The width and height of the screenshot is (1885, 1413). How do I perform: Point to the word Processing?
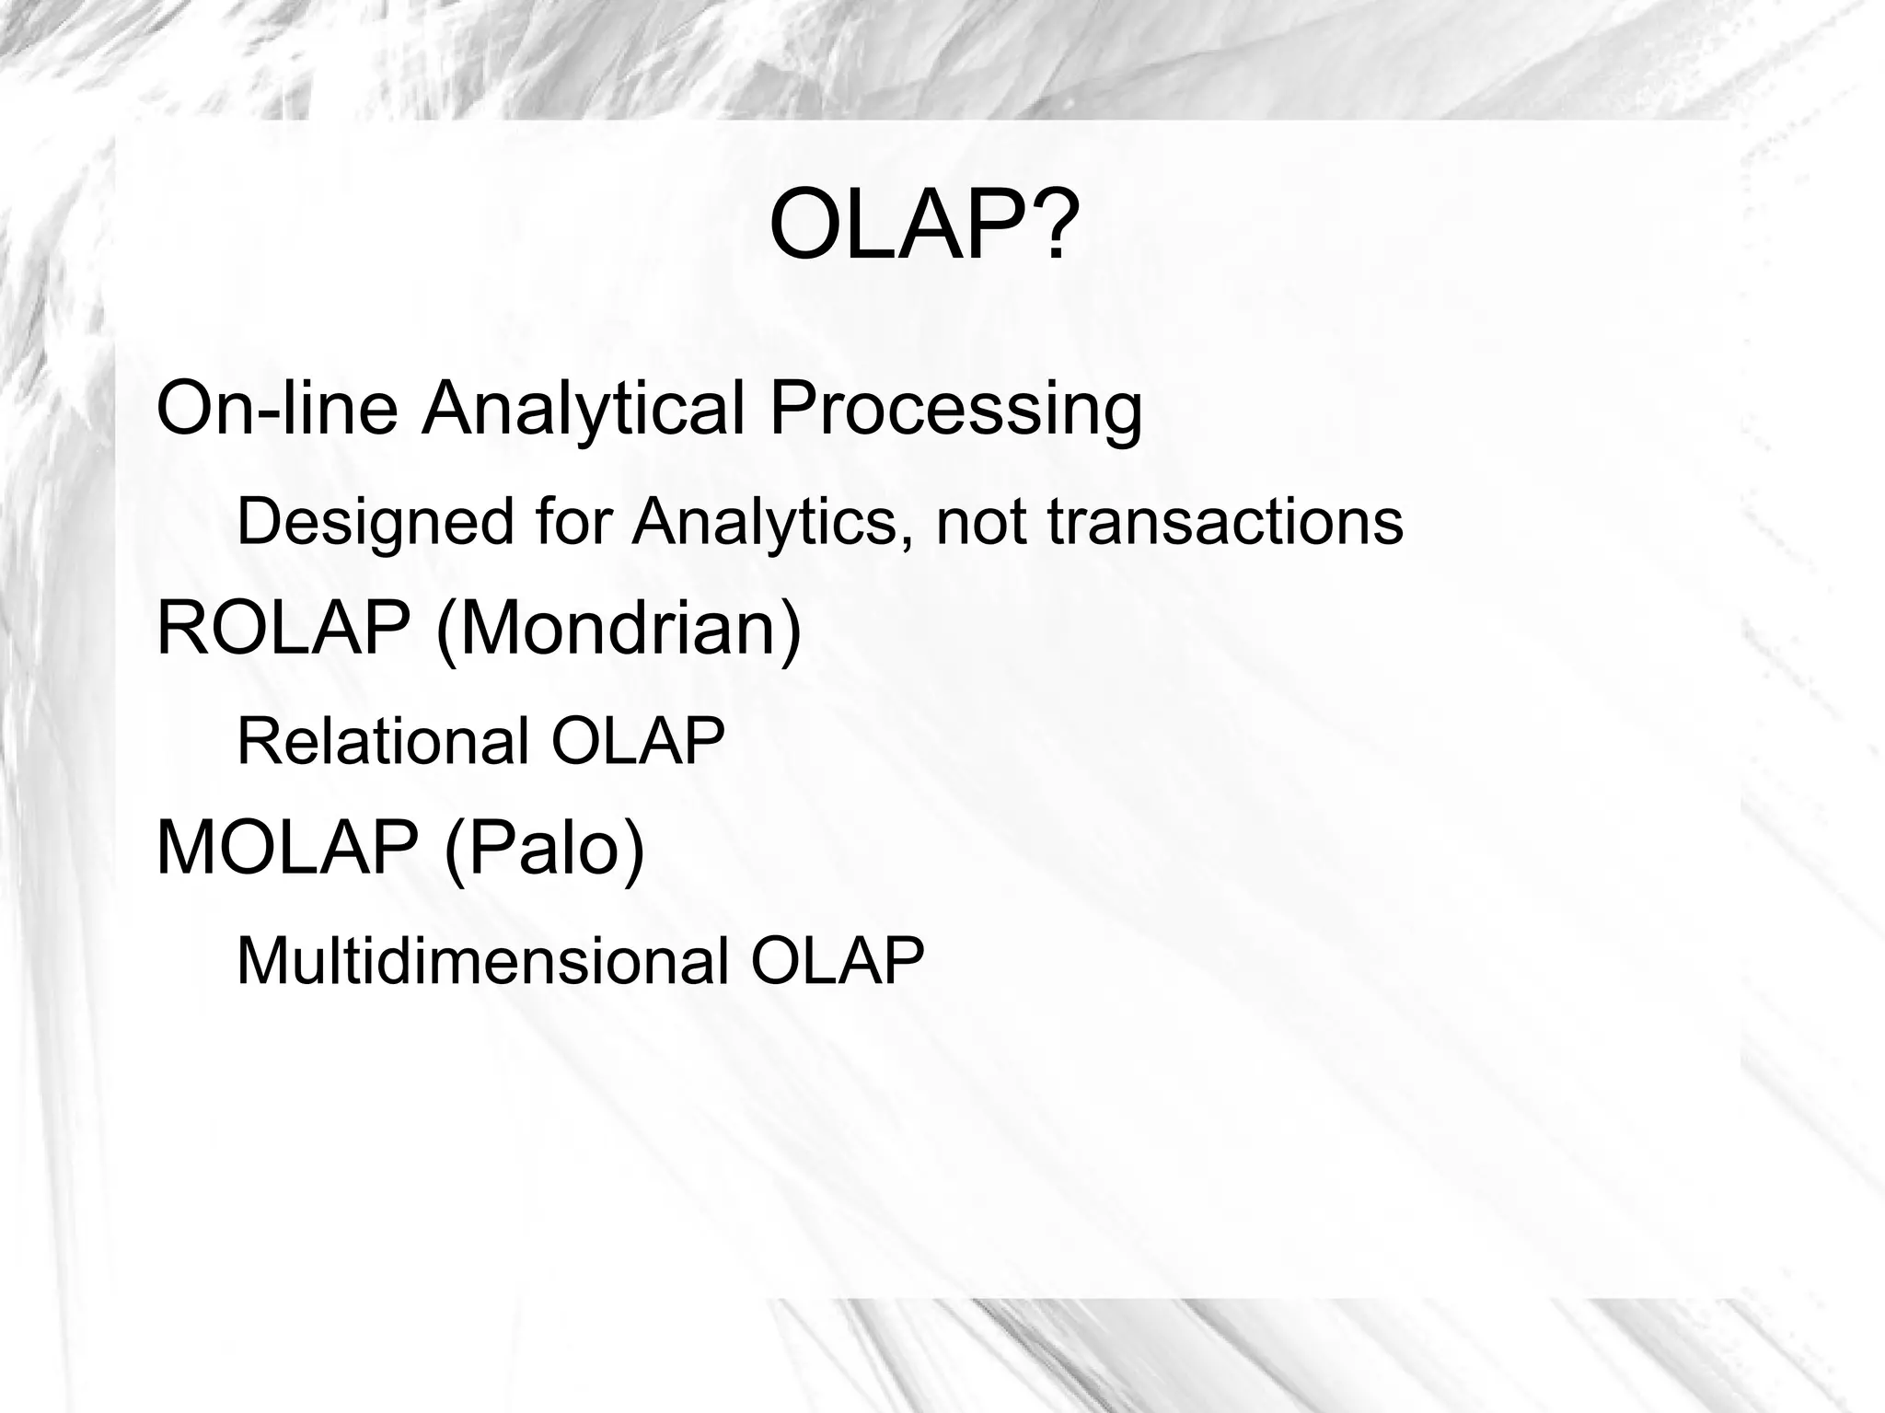(x=955, y=411)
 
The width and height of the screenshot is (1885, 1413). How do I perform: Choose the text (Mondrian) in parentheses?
(x=619, y=631)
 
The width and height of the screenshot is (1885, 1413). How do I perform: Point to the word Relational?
(x=383, y=741)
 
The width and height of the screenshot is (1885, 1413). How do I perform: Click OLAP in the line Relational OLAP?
(x=638, y=741)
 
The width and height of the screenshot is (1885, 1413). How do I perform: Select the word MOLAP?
(x=288, y=849)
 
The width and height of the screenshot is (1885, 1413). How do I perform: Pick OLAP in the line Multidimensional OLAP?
(x=837, y=962)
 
